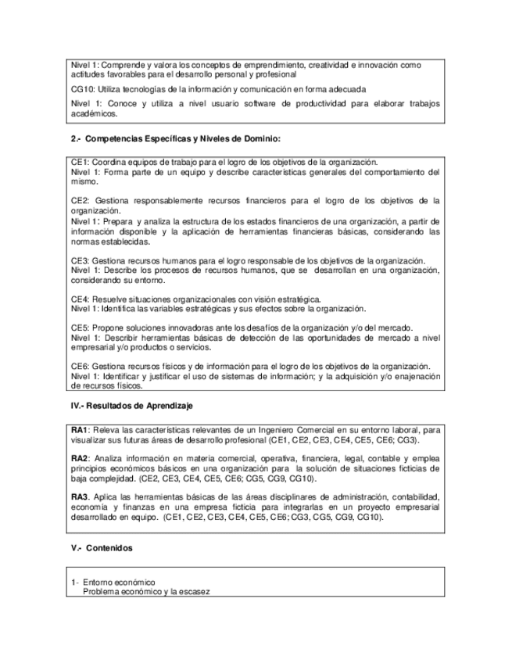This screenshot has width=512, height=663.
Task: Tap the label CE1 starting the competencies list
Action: click(x=79, y=162)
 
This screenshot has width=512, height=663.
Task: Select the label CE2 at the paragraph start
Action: click(x=79, y=200)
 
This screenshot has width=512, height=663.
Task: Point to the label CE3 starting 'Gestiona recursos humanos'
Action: click(x=79, y=260)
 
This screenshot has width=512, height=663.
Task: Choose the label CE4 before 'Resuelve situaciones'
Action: click(x=79, y=299)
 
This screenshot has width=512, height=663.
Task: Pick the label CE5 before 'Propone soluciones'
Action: click(x=79, y=328)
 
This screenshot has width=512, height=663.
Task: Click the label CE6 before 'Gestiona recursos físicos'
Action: click(x=79, y=366)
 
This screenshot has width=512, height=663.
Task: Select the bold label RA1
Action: click(x=79, y=431)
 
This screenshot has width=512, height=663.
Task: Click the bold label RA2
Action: click(x=79, y=457)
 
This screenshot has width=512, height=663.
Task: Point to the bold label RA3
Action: click(x=79, y=497)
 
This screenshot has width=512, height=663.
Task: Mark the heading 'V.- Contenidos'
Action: click(x=102, y=548)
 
